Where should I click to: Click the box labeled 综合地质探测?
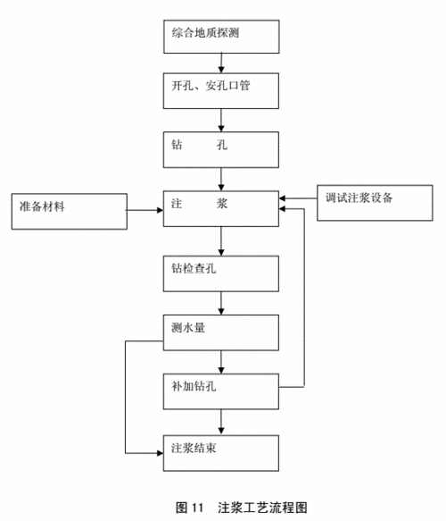tap(221, 36)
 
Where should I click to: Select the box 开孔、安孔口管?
tap(221, 89)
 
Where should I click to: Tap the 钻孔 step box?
tap(221, 147)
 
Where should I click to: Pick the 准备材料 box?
tap(68, 207)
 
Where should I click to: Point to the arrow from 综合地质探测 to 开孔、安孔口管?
tap(221, 63)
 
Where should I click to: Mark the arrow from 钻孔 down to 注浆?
tap(221, 178)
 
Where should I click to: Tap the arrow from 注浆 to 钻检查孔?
tap(221, 240)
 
